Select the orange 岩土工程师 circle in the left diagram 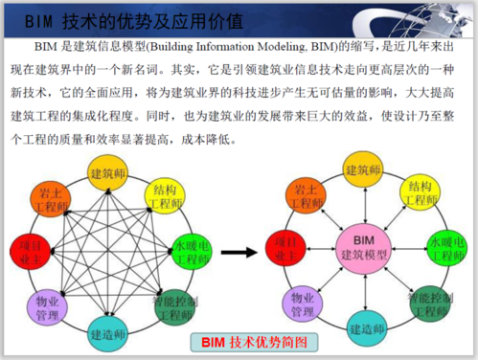(50, 196)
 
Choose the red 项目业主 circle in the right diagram (285, 247)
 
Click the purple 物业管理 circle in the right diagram (309, 304)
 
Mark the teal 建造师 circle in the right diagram (365, 326)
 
